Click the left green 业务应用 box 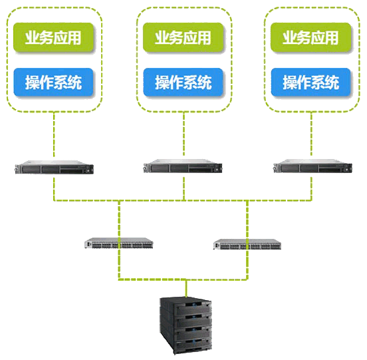(53, 37)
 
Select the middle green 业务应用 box (183, 37)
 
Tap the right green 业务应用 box (311, 37)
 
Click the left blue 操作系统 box (53, 83)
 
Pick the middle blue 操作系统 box (183, 83)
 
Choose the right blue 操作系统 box (311, 83)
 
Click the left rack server (54, 167)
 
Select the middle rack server (183, 166)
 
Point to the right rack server (312, 166)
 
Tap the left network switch (119, 243)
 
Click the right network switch (247, 244)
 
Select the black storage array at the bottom (186, 325)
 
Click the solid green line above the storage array (186, 288)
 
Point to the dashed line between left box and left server (54, 134)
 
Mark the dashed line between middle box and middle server (183, 134)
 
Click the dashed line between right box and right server (311, 134)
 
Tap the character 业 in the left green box (33, 37)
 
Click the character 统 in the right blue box (332, 83)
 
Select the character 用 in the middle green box (204, 37)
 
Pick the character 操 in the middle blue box (162, 83)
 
